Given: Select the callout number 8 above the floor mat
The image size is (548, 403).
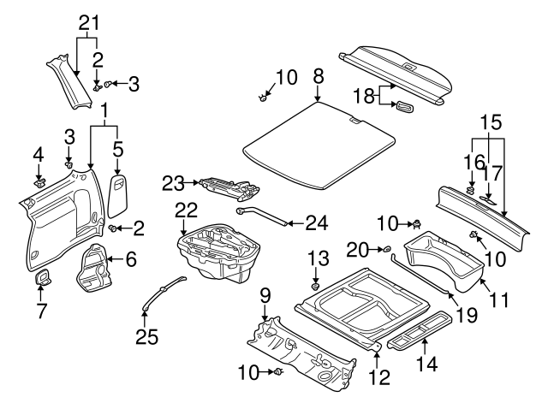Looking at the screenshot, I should pyautogui.click(x=319, y=77).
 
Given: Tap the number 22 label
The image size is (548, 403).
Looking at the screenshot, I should pyautogui.click(x=186, y=210).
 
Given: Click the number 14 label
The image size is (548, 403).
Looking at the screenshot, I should pyautogui.click(x=426, y=365).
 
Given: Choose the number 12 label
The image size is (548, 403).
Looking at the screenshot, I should pyautogui.click(x=378, y=376).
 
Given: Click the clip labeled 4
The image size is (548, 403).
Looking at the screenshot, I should pyautogui.click(x=39, y=182).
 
